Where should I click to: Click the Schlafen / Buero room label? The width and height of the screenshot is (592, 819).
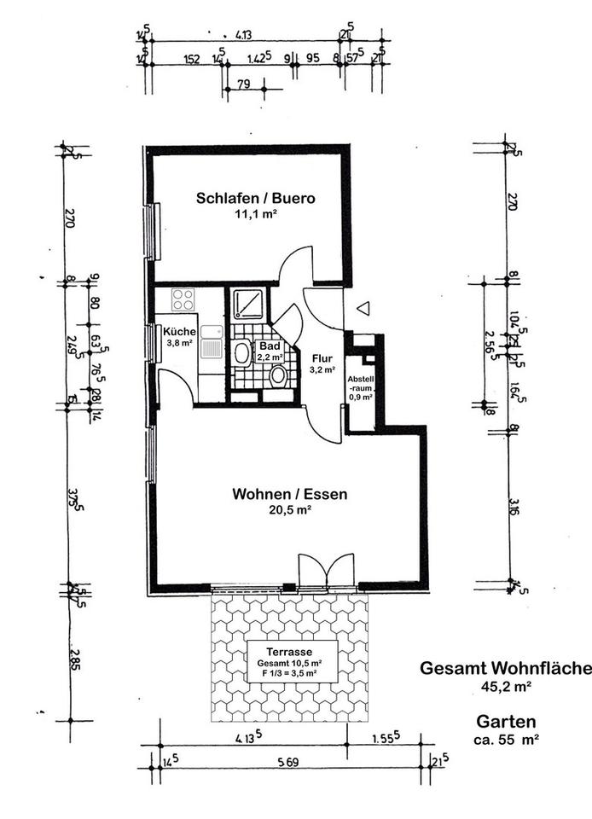point(255,198)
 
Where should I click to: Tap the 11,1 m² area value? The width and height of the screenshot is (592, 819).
point(255,215)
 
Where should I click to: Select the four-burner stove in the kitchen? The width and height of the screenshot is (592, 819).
point(183,299)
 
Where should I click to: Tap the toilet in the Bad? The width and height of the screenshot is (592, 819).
point(278,375)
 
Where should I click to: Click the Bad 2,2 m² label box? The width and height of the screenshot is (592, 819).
point(270,352)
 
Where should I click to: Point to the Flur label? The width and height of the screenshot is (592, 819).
point(322,358)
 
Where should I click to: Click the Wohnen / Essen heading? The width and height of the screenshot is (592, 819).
point(290,493)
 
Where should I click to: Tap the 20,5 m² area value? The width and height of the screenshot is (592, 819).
point(290,509)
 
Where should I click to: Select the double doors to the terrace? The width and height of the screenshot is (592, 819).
point(325,571)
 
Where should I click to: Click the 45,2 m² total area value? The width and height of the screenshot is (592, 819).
point(503,685)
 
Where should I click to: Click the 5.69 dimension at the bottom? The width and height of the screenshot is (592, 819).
point(289,763)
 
